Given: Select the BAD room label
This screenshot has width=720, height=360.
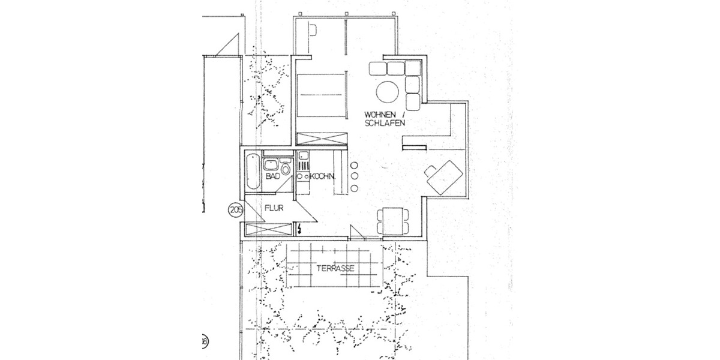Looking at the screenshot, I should [272, 177].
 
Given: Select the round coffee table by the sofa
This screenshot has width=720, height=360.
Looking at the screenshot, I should [388, 92].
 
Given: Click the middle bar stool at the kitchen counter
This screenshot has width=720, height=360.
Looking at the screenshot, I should [354, 176].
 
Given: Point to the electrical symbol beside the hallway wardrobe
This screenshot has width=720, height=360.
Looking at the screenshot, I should [299, 229].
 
